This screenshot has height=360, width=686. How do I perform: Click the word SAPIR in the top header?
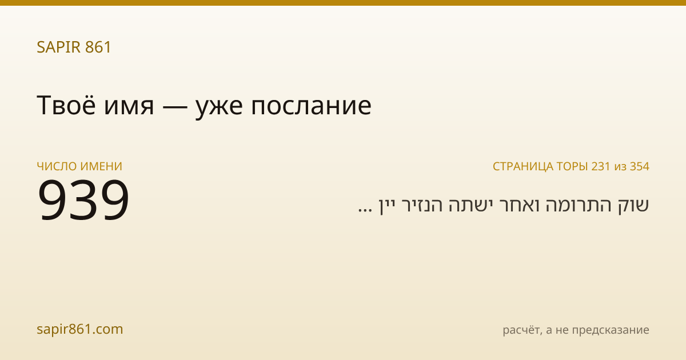click(x=59, y=47)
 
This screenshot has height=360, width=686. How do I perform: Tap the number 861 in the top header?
click(x=98, y=47)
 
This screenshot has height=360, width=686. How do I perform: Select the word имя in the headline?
click(x=129, y=107)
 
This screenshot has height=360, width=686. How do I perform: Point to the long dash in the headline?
click(x=175, y=106)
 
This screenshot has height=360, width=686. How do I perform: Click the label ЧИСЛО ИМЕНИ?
click(x=79, y=166)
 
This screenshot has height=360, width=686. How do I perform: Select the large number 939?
click(x=83, y=199)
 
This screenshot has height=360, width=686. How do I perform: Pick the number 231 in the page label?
click(x=601, y=166)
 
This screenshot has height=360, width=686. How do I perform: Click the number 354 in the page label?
click(x=640, y=166)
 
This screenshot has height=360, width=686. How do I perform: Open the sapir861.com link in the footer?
click(x=79, y=329)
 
